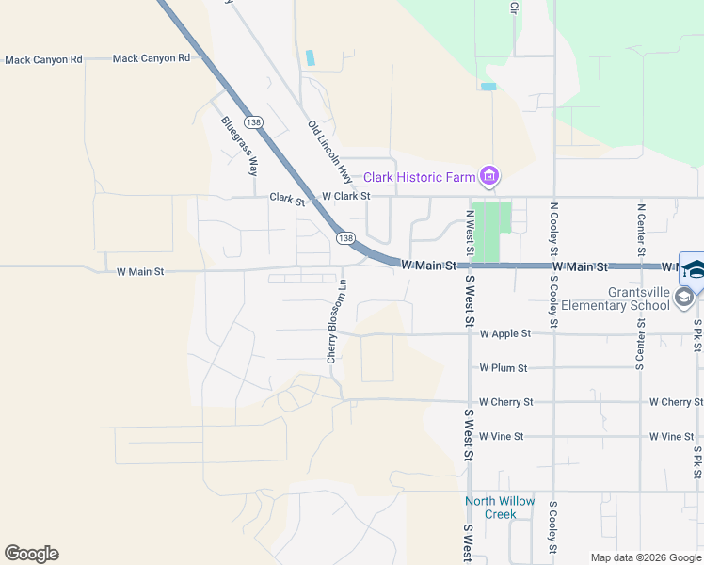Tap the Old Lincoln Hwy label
pos(329,152)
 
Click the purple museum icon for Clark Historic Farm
pos(488,176)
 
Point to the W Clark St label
pos(346,197)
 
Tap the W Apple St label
pos(505,333)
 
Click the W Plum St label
pos(504,368)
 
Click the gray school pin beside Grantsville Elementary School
pos(684,299)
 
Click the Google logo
pos(31,554)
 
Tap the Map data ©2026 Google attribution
pos(646,557)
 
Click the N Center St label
pos(640,228)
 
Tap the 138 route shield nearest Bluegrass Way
pos(252,122)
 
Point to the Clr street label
pos(514,8)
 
